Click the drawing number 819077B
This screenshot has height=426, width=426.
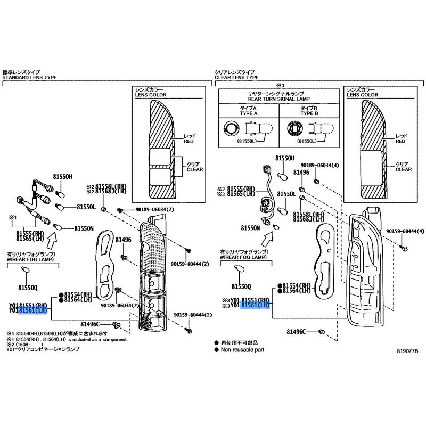coord(408,351)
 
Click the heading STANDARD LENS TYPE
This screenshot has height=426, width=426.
coord(29,78)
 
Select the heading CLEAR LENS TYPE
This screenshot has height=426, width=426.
coord(236,78)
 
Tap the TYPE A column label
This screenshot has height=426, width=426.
coord(248,113)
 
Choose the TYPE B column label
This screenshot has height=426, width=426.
coord(308,113)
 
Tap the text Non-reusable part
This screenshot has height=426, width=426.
coord(242,350)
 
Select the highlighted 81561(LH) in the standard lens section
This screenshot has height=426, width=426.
coord(33,310)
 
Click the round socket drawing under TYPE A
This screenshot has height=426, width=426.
coord(231,128)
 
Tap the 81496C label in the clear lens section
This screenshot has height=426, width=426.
coord(296,332)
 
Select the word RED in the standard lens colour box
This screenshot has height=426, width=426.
coord(189,142)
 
